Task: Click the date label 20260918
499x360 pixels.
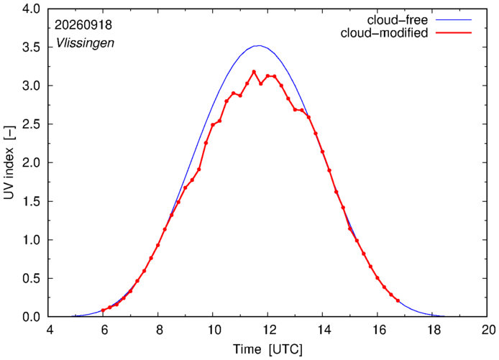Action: (x=83, y=25)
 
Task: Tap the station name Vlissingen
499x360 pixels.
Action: (x=85, y=43)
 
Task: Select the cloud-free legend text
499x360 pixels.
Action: (x=397, y=20)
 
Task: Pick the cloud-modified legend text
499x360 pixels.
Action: (x=384, y=33)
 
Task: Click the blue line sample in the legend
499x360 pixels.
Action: (x=454, y=19)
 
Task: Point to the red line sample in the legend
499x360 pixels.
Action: (x=454, y=32)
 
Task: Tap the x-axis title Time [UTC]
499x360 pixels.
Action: (x=267, y=349)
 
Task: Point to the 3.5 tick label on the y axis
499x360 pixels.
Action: (x=31, y=47)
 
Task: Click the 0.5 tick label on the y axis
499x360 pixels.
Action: (x=31, y=278)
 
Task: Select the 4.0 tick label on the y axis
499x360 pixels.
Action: (x=31, y=9)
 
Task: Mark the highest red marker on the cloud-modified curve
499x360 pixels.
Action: (x=254, y=72)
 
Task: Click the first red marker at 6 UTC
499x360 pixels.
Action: (x=103, y=310)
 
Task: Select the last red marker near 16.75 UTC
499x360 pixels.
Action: (x=398, y=300)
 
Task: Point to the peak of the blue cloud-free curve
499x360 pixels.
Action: (x=260, y=45)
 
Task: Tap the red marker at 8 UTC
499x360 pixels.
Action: (x=158, y=245)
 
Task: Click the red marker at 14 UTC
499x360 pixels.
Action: (x=322, y=152)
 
